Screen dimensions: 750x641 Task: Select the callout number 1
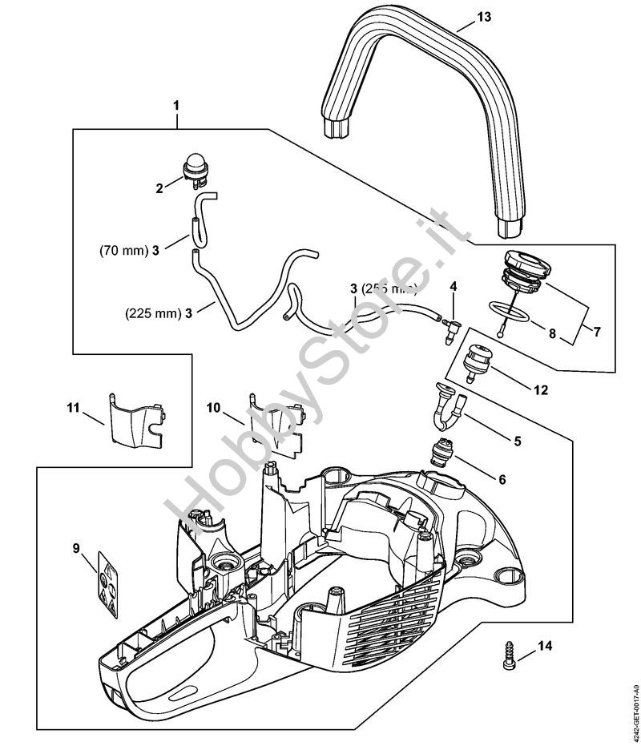point(176,106)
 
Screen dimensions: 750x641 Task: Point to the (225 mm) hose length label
point(149,314)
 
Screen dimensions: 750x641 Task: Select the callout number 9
point(76,548)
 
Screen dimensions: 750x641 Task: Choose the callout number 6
point(502,479)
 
